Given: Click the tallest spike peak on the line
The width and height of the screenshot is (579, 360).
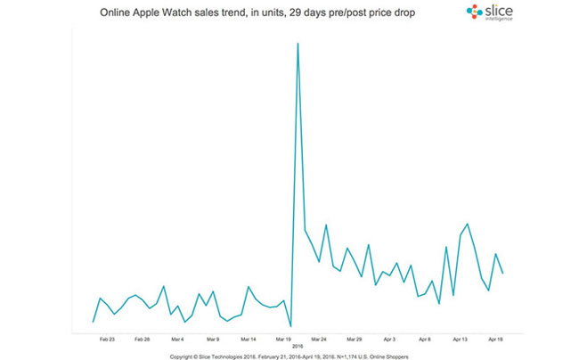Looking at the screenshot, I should pos(298,43).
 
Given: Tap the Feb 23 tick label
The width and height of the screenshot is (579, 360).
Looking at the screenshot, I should pos(107,340).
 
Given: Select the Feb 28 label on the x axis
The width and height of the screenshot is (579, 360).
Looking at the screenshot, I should pos(142,340).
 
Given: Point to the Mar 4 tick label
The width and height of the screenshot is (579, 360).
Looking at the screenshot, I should pos(177,340).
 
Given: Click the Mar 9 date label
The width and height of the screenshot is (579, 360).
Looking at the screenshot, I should pos(213,340).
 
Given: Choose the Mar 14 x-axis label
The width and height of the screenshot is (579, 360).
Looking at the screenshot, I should pos(249,340).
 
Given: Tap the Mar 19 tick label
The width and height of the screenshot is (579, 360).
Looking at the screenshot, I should pos(284,340).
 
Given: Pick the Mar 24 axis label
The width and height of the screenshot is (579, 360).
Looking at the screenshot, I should pos(319,340).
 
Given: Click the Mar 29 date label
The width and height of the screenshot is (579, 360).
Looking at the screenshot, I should pos(355,340).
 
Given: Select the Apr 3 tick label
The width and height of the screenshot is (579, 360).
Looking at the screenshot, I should pos(389,340).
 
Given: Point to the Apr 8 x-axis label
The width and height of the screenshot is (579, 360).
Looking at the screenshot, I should pos(425,340).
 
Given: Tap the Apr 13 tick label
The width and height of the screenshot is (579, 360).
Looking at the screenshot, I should pos(460,340).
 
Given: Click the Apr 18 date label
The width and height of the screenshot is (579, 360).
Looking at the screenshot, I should pos(495,340).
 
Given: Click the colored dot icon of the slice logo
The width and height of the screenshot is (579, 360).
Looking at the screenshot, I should pos(474,12).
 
